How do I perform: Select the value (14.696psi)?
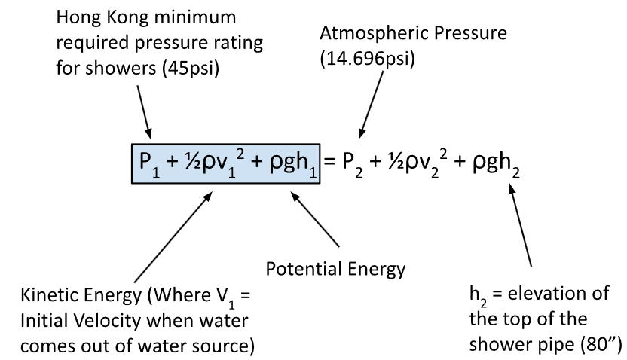[368, 59]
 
